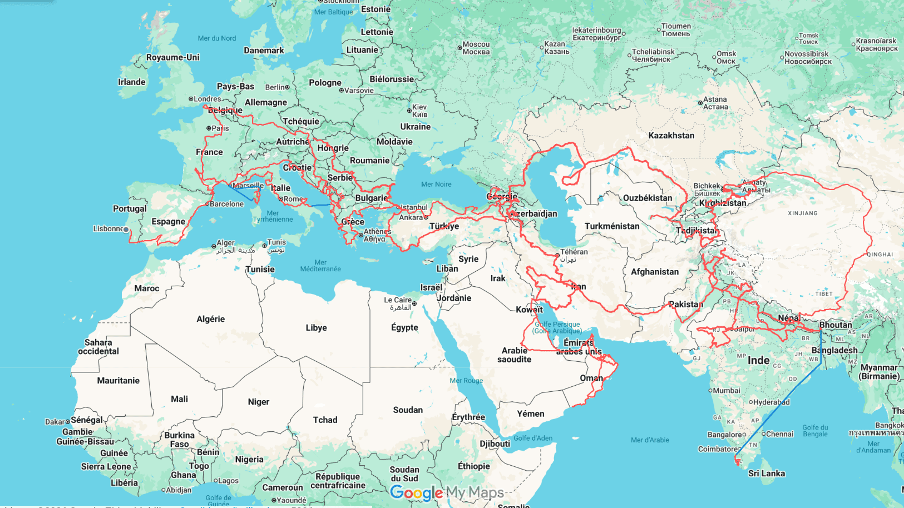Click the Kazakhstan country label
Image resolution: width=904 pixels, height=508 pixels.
tap(671, 136)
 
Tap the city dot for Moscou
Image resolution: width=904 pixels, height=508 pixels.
tap(460, 48)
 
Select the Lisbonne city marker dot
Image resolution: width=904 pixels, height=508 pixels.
tap(126, 230)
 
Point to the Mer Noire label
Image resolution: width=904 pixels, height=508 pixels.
tap(436, 185)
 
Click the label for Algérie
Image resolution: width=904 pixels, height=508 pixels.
tap(210, 319)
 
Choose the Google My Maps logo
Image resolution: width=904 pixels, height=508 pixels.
tap(447, 492)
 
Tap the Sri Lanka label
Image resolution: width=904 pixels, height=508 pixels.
tap(766, 474)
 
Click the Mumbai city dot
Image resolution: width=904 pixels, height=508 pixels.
tap(710, 391)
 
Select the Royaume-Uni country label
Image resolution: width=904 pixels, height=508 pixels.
tap(172, 57)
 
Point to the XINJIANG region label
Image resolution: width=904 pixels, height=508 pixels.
tap(802, 213)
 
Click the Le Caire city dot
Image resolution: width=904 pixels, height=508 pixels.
tap(414, 303)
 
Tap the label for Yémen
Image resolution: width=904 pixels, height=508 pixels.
tap(530, 414)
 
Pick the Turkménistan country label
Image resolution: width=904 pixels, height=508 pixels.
tap(612, 226)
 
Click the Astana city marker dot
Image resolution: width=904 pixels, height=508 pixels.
tap(700, 103)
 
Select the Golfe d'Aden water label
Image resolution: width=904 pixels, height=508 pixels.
tap(533, 438)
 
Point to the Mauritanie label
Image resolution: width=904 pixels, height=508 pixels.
tap(118, 381)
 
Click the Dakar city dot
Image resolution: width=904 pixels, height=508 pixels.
tap(68, 422)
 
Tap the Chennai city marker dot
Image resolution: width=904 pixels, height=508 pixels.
tap(763, 434)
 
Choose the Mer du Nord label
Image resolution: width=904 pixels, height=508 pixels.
tap(216, 38)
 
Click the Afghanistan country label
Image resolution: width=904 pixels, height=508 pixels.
tap(654, 272)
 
